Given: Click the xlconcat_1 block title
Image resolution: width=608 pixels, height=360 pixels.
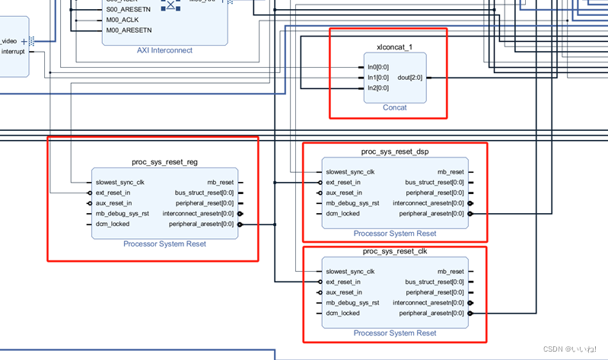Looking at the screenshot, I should (394, 47).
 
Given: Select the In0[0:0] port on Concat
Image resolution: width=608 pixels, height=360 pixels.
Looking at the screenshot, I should (377, 67).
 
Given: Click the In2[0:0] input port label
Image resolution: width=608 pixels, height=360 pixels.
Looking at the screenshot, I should (377, 88).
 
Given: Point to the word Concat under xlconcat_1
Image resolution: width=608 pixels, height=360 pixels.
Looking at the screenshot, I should (394, 108).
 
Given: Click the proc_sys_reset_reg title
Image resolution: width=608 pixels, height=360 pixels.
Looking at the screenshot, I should (165, 163).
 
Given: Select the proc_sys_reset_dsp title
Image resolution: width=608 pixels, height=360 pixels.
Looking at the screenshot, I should (395, 152).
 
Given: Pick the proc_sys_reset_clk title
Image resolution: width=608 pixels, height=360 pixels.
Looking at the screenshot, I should (395, 251).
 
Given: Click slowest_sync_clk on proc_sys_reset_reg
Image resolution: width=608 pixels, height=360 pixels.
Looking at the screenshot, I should (119, 183).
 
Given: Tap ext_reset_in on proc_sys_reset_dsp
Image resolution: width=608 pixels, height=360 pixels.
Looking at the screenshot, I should (343, 183).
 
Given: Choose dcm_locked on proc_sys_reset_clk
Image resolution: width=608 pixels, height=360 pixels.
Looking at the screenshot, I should (342, 313).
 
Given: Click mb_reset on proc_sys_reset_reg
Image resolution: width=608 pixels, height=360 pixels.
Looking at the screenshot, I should (221, 183).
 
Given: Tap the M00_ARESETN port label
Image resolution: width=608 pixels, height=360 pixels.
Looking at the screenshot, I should (129, 30).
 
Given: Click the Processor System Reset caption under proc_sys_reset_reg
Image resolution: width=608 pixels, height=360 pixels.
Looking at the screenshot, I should (164, 244).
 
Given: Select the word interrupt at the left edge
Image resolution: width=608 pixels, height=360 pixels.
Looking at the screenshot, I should (13, 52).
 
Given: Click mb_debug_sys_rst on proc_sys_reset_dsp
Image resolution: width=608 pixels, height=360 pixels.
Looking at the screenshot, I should (352, 203).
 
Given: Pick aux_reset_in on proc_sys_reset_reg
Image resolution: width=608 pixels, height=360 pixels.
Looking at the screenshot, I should (113, 203).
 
